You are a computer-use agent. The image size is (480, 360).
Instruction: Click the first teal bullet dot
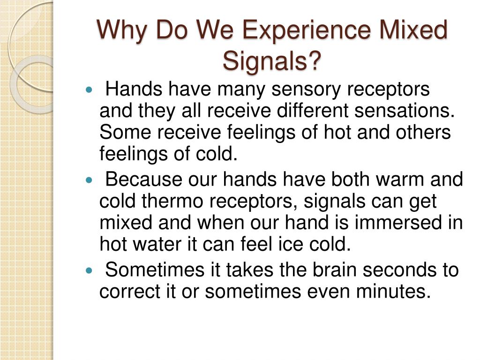pyautogui.click(x=89, y=90)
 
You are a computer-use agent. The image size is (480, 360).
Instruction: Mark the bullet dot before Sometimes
pyautogui.click(x=89, y=270)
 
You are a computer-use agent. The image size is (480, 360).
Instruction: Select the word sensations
pyautogui.click(x=405, y=110)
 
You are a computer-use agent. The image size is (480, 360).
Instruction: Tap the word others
pyautogui.click(x=423, y=132)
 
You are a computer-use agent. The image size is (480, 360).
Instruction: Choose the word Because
pyautogui.click(x=144, y=179)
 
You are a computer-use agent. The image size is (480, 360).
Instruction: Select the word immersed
pyautogui.click(x=398, y=222)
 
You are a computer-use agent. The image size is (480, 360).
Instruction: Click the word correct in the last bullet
pyautogui.click(x=130, y=292)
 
